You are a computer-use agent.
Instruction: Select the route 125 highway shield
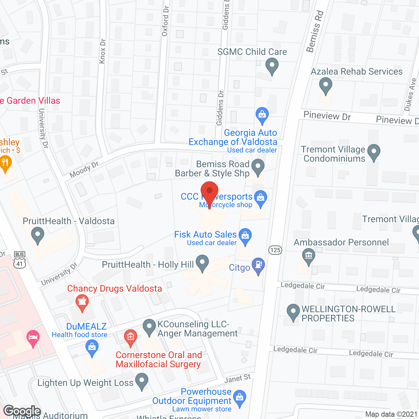click(275, 250)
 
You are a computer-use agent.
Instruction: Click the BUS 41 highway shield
click(20, 260)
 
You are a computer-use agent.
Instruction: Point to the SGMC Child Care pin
click(272, 65)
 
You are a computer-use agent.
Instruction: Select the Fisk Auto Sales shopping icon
click(245, 236)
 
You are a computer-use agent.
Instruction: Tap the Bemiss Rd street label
click(315, 31)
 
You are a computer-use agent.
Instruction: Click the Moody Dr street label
click(84, 169)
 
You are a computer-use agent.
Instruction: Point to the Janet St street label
click(238, 379)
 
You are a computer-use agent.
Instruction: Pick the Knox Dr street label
click(102, 51)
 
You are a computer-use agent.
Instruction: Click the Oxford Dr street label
click(165, 21)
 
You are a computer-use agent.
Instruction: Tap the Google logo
click(22, 411)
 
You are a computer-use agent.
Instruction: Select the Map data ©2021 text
click(391, 414)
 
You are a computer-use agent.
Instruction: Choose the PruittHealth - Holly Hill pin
click(202, 263)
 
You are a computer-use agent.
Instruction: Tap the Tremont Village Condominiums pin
click(373, 152)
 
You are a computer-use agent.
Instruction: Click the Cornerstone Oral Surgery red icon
click(130, 337)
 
